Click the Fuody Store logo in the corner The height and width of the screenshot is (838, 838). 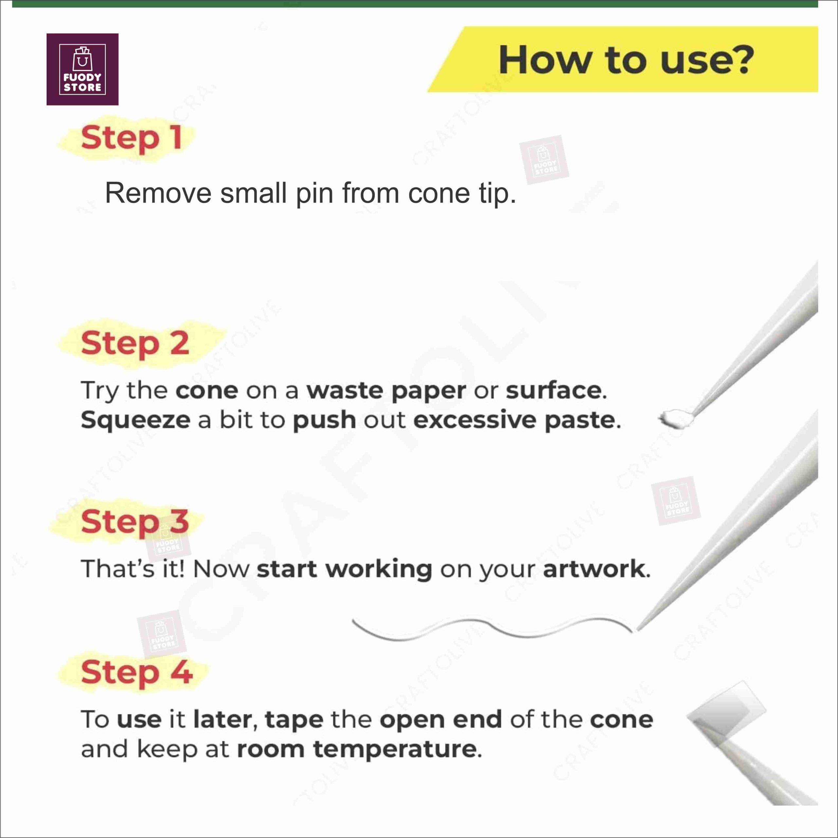[82, 69]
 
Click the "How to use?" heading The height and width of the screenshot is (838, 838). [626, 60]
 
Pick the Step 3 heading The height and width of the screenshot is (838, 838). [135, 522]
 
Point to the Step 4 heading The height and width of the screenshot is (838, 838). [136, 673]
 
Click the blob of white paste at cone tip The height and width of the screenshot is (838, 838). [676, 418]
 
